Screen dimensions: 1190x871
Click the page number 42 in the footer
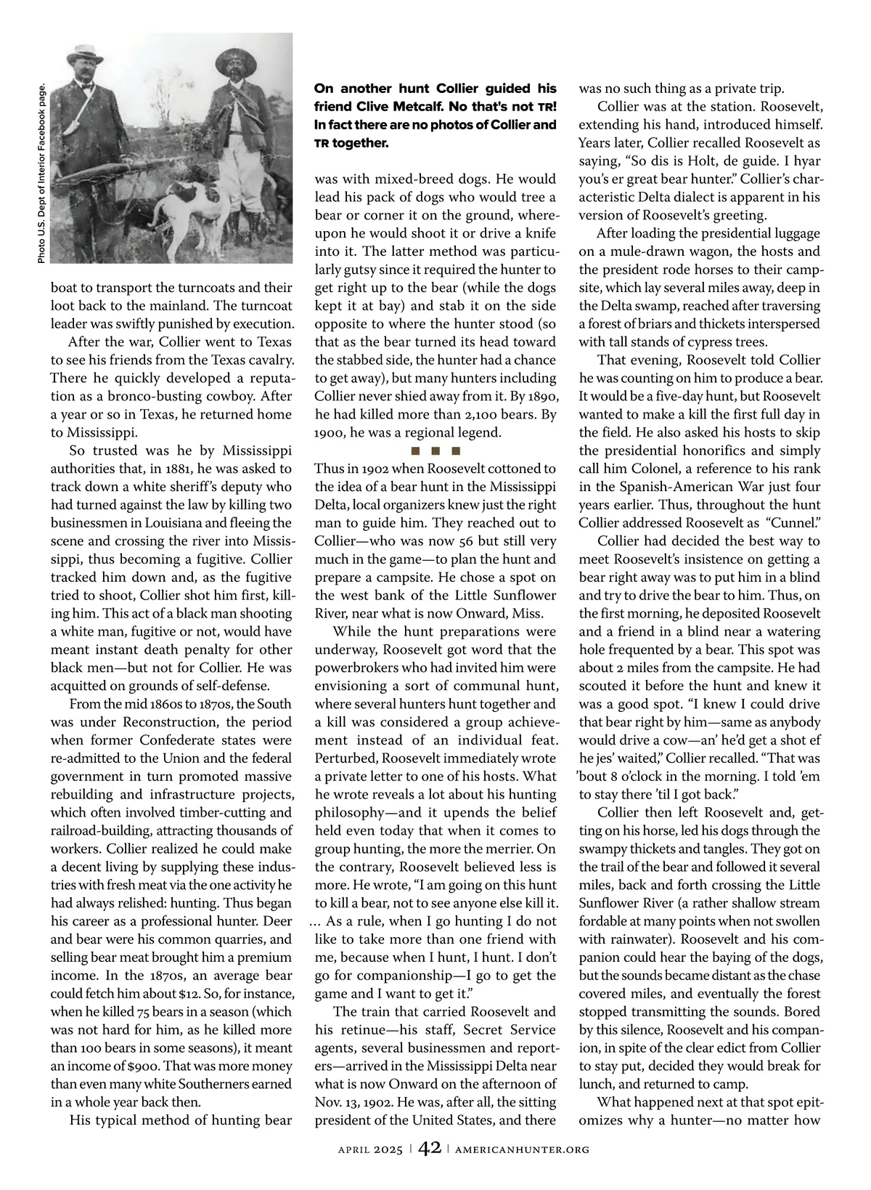(x=429, y=1149)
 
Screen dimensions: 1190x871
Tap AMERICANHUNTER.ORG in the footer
(x=522, y=1149)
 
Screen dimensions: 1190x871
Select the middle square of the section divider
(x=435, y=451)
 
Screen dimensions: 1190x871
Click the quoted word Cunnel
(x=796, y=523)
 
